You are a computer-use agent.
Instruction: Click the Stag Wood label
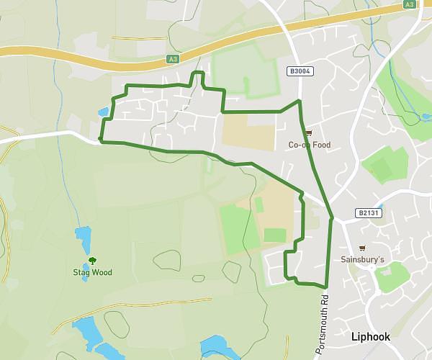(x=92, y=273)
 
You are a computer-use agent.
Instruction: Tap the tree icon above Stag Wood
(x=91, y=261)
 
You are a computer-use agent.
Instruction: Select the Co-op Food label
(x=310, y=145)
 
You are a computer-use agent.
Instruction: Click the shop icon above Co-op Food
(x=309, y=132)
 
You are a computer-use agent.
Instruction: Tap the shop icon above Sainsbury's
(x=362, y=248)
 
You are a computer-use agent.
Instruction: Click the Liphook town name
(x=370, y=337)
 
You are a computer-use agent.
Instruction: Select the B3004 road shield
(x=299, y=71)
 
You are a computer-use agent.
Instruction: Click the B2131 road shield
(x=366, y=213)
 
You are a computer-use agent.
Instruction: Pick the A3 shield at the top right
(x=409, y=4)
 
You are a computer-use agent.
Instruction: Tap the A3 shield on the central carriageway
(x=171, y=59)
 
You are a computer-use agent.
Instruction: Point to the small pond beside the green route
(x=104, y=112)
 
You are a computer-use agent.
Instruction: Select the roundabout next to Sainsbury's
(x=372, y=267)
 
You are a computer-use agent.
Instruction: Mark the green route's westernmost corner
(x=101, y=140)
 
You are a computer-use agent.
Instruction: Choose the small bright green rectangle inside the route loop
(x=275, y=235)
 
